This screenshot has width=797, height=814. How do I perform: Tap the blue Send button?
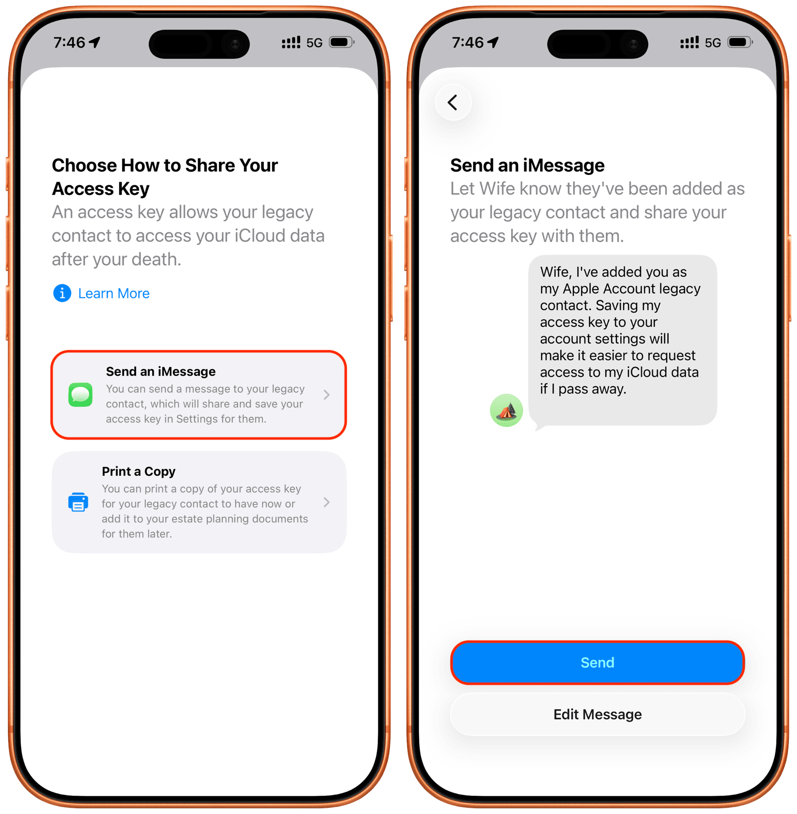(597, 663)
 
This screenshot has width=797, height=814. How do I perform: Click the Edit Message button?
(597, 714)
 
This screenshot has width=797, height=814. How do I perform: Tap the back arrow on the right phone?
(453, 102)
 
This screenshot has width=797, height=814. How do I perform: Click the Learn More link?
(114, 293)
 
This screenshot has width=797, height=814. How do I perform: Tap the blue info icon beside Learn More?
(62, 293)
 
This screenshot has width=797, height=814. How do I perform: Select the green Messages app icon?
(80, 395)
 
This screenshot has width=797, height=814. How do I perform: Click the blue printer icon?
(78, 502)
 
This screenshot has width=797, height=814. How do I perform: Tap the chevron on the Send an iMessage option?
(327, 395)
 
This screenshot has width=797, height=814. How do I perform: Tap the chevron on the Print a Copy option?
(327, 502)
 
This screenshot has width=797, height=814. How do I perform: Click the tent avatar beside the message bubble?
(506, 410)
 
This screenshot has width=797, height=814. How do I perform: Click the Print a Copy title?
(138, 471)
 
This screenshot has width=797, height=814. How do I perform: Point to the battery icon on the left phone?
(342, 42)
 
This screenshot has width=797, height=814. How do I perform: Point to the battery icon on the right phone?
(740, 42)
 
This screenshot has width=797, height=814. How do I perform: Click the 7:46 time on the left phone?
(69, 43)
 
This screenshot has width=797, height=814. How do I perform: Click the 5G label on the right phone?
(713, 43)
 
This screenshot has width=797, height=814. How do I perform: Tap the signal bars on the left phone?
(291, 43)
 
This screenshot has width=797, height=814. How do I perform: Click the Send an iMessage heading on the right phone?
(527, 165)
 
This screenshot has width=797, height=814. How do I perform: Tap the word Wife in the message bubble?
(556, 272)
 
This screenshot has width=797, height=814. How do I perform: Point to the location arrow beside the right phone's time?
(493, 42)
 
